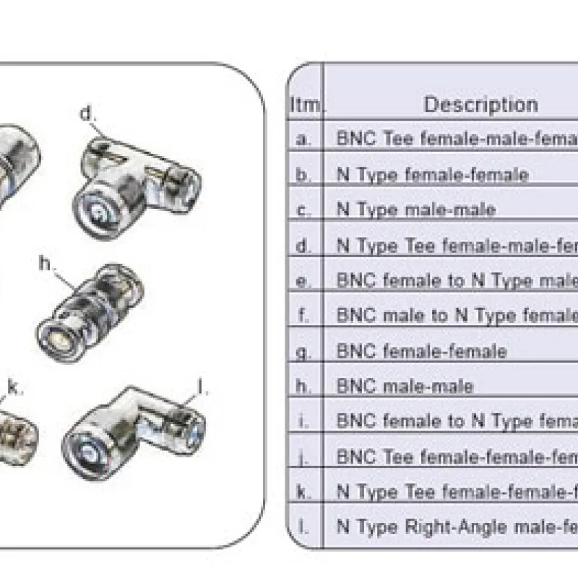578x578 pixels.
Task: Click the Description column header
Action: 480,105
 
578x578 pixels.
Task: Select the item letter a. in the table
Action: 304,139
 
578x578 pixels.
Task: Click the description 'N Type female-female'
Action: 432,174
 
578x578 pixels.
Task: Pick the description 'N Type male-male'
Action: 416,210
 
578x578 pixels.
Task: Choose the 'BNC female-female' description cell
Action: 421,351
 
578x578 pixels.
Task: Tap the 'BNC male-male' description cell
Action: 405,386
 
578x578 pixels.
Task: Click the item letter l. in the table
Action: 304,527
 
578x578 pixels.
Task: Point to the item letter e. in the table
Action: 304,280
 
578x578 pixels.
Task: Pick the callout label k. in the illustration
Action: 15,387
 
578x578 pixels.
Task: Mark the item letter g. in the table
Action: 304,351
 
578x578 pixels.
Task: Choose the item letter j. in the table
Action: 304,457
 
